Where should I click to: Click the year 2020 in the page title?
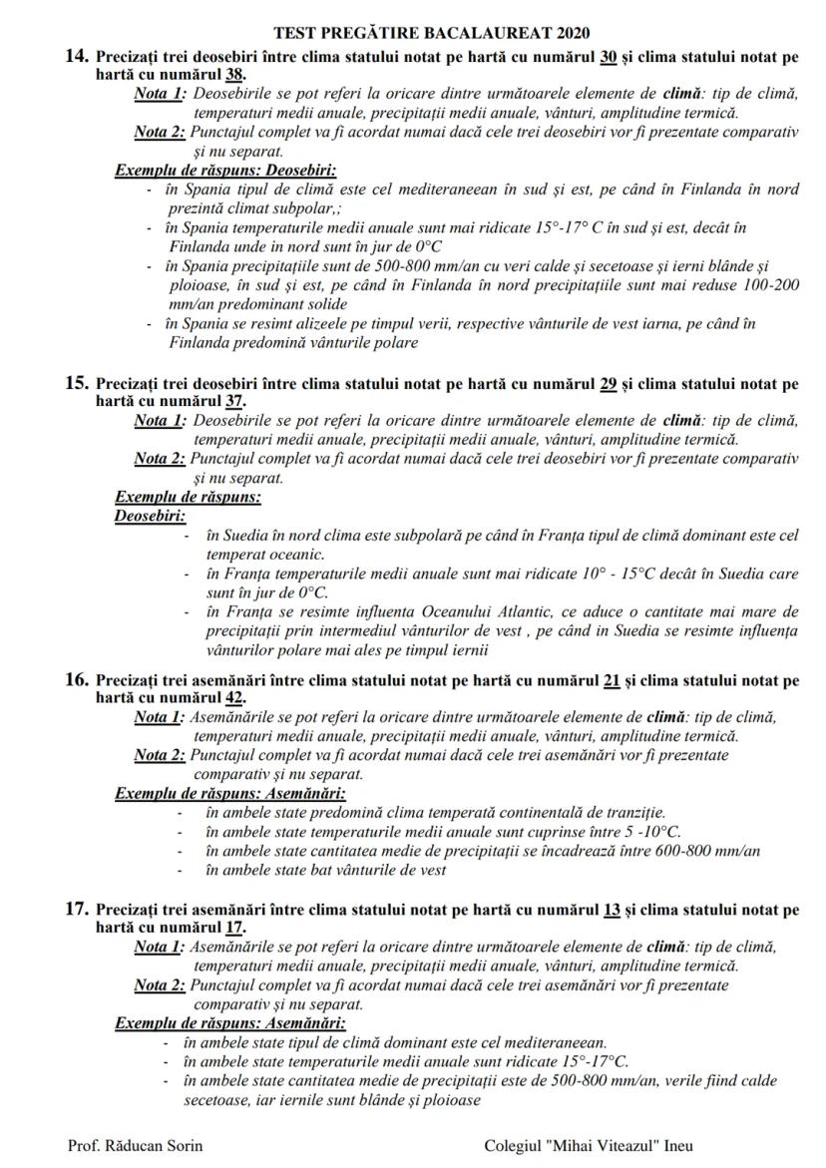(x=570, y=34)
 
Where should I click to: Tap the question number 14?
(x=78, y=56)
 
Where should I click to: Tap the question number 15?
(x=78, y=383)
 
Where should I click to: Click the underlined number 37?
(x=235, y=400)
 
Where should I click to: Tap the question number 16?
(x=78, y=681)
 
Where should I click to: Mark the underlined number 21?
(x=613, y=681)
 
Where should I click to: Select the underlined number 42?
(x=235, y=698)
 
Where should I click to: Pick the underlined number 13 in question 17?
(x=613, y=910)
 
